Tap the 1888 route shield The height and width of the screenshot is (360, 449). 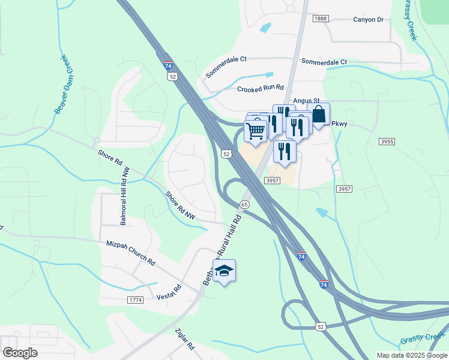coord(321,19)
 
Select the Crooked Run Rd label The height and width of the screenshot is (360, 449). coord(260,88)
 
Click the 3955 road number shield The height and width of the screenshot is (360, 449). coord(387,141)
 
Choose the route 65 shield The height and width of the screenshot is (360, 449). coord(244,204)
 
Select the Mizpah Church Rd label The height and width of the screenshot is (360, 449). coord(130,253)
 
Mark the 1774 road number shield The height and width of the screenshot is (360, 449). coord(135,299)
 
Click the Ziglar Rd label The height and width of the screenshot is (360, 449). coord(184,339)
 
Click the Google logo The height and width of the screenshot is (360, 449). coord(20,352)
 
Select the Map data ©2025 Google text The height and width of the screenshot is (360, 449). coord(411,355)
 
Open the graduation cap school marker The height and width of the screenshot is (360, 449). coord(224,271)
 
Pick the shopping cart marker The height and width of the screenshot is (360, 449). coord(256,130)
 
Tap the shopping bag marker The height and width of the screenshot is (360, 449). coord(319,115)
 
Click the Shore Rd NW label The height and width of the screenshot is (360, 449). coord(181,205)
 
